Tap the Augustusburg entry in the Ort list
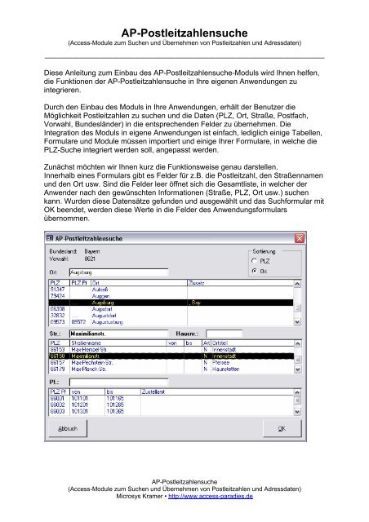pyautogui.click(x=104, y=322)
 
